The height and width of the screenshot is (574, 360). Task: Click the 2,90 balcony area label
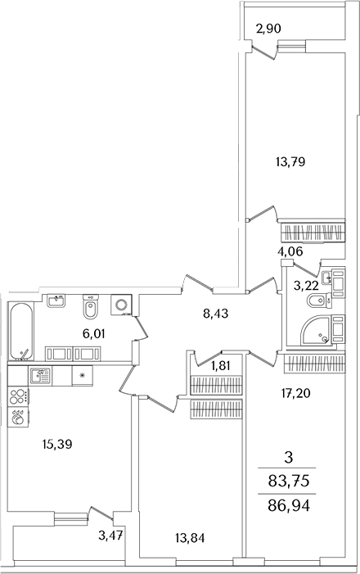click(x=268, y=29)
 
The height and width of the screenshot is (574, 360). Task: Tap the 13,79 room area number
click(x=290, y=161)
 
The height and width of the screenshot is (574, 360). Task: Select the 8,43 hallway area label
click(x=216, y=314)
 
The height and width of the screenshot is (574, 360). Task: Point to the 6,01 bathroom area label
click(x=93, y=333)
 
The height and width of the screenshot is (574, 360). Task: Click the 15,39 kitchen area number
click(x=57, y=445)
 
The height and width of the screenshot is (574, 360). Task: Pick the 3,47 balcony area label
click(x=110, y=536)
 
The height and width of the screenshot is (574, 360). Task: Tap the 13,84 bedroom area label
click(x=190, y=538)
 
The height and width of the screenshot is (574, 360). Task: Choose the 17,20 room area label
click(x=295, y=393)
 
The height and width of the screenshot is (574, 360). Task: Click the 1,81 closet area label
click(x=221, y=366)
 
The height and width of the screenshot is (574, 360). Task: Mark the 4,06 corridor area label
click(x=290, y=251)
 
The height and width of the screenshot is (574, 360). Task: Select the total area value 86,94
click(x=289, y=506)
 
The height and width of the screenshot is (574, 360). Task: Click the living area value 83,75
click(x=289, y=481)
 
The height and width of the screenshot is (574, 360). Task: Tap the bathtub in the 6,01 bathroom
click(x=22, y=332)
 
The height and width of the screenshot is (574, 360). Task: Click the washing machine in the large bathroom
click(x=121, y=305)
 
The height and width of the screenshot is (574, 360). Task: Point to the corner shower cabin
click(x=315, y=330)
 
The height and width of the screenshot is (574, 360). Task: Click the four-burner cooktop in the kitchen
click(x=18, y=396)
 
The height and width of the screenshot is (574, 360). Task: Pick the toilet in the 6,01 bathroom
click(x=90, y=307)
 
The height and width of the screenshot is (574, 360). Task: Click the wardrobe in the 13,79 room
click(x=313, y=232)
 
